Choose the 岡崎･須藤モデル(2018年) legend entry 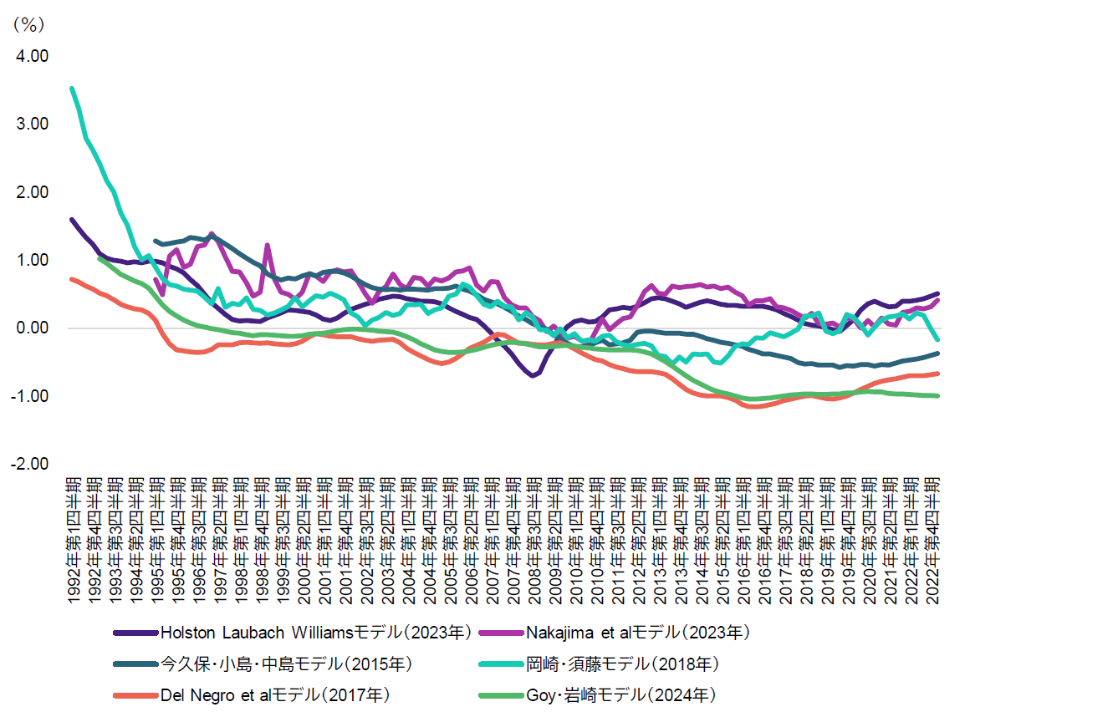[622, 664]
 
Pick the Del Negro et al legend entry [275, 695]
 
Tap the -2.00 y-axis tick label [29, 464]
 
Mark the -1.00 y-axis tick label [29, 395]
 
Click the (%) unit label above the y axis [27, 25]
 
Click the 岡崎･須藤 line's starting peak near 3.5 [72, 88]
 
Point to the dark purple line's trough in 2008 [532, 376]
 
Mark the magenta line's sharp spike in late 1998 [267, 245]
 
